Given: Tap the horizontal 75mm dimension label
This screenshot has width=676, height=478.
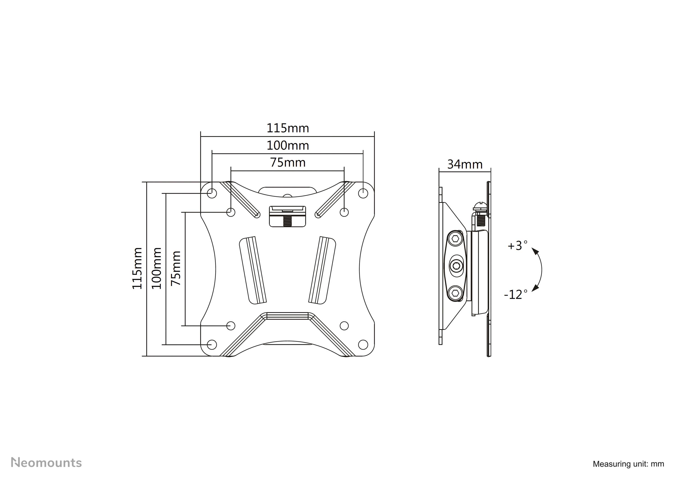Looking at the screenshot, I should [x=288, y=163].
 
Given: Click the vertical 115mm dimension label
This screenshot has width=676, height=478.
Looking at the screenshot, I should [x=137, y=268].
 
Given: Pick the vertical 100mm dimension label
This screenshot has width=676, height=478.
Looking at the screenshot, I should [x=157, y=268].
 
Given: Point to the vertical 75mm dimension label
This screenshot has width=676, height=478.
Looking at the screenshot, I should [x=176, y=268].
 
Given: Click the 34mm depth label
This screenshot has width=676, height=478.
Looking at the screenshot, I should [x=465, y=164].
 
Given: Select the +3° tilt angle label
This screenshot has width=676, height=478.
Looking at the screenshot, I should [x=517, y=245].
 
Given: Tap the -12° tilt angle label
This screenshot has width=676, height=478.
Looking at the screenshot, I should [x=516, y=294].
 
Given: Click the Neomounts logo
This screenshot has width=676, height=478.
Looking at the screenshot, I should [x=46, y=462].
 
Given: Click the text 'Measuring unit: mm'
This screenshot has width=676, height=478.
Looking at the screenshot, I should [x=628, y=464].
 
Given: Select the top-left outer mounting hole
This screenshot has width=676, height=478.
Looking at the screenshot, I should [x=212, y=193].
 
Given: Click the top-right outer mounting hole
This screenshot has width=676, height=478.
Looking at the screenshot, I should [x=363, y=193].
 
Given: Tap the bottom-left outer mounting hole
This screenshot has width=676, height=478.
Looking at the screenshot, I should [x=212, y=344].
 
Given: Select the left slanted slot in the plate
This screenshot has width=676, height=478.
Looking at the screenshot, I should [x=253, y=270].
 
